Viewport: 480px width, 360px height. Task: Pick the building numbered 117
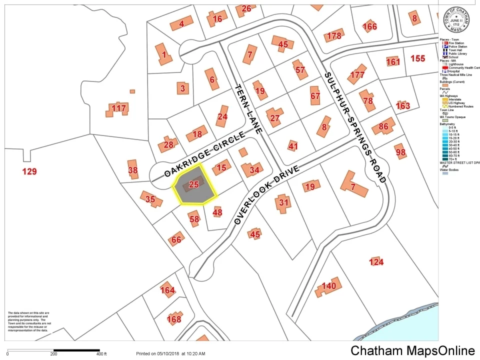click(x=118, y=108)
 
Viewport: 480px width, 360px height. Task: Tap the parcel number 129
click(x=30, y=172)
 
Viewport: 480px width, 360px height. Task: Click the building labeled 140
click(x=328, y=286)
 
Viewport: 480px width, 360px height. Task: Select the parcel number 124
click(x=376, y=262)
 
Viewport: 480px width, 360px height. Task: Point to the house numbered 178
click(x=333, y=35)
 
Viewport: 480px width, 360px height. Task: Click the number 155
click(x=417, y=58)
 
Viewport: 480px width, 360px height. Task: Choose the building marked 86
click(x=383, y=126)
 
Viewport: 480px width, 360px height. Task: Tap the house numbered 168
click(x=173, y=318)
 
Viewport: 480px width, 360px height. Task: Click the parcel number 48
click(x=217, y=212)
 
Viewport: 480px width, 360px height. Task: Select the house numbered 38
click(x=132, y=170)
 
